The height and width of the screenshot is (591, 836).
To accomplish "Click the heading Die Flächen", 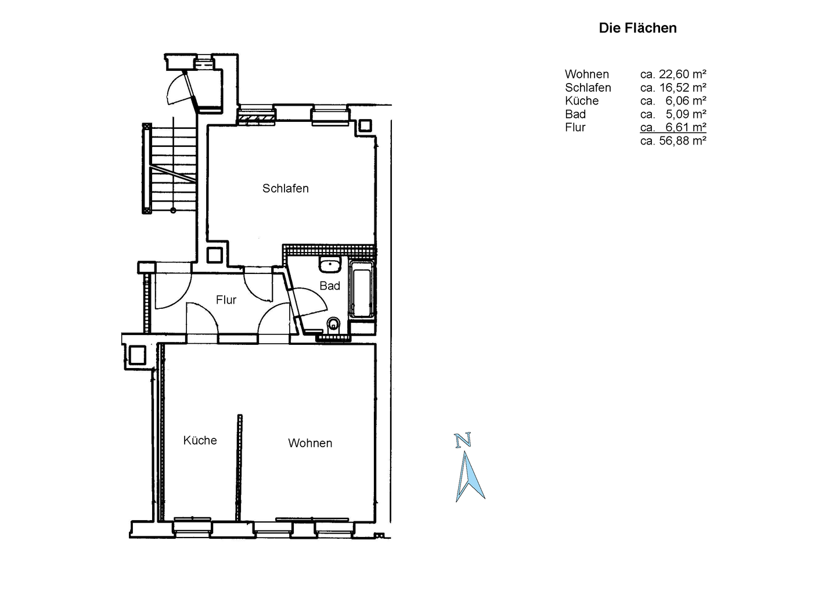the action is tap(637, 28).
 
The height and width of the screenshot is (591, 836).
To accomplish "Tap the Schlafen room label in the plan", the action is tap(286, 189).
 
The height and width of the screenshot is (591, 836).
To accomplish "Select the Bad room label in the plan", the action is tap(330, 286).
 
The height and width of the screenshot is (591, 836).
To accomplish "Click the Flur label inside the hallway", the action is tap(226, 300).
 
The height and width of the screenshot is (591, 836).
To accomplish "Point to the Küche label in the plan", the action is tap(200, 440).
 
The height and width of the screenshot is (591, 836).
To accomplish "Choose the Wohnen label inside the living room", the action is tap(310, 443).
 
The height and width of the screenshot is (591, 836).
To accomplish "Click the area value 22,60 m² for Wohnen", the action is tap(683, 74).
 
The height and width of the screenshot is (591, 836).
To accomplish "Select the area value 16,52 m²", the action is tap(683, 88).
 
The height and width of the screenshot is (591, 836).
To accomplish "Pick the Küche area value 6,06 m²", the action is tap(686, 101).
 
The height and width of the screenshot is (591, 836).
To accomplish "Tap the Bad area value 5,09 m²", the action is tap(686, 114).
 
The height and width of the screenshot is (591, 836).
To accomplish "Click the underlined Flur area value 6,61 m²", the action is tap(686, 127).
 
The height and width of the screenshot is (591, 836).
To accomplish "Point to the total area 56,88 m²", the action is tap(683, 140).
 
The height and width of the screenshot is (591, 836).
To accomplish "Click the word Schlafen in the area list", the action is tap(588, 88).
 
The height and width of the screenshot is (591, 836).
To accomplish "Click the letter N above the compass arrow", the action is tap(463, 440).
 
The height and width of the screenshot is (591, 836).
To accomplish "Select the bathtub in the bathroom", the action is tap(361, 290).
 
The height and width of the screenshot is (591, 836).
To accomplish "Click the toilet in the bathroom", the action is tap(333, 324).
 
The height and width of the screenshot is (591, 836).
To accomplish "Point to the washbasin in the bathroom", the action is tap(330, 264).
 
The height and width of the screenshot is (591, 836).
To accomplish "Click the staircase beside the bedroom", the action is tap(170, 168).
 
